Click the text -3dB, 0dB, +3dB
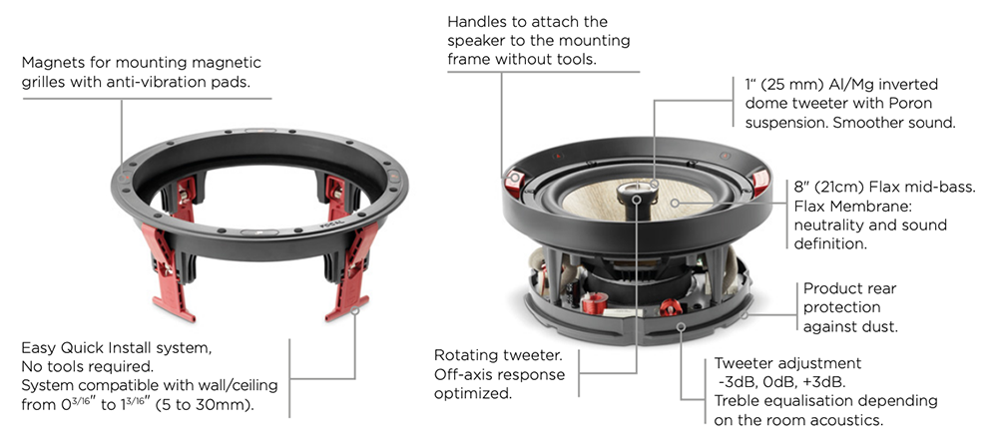coord(780,383)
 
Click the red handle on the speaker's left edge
coord(514,182)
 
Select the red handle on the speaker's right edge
coord(760,184)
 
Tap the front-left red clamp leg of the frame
coord(167,270)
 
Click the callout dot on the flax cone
coord(675,204)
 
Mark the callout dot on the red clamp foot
coord(354,310)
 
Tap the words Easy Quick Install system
coord(117,348)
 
